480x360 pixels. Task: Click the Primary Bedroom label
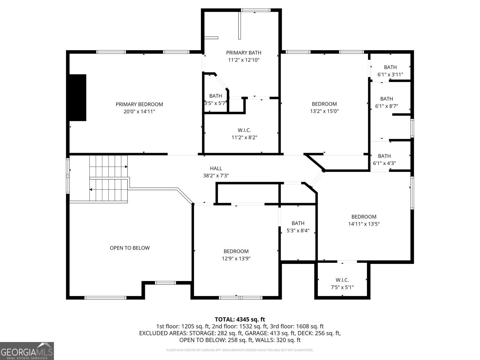[x=139, y=104]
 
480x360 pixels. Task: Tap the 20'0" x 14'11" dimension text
[x=139, y=112]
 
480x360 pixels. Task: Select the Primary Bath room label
[x=244, y=53]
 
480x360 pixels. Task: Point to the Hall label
[x=216, y=168]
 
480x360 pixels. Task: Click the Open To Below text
[x=130, y=248]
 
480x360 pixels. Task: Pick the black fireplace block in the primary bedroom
[x=78, y=97]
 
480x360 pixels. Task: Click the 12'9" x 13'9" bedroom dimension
[x=236, y=258]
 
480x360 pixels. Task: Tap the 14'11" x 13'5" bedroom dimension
[x=364, y=224]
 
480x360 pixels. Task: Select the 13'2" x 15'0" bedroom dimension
[x=324, y=111]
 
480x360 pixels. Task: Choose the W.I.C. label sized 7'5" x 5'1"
[x=342, y=280]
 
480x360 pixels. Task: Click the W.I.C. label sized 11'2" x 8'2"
[x=244, y=130]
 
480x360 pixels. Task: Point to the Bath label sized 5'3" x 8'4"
[x=298, y=223]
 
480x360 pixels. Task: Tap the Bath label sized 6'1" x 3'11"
[x=390, y=67]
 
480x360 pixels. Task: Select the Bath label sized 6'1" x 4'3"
[x=384, y=156]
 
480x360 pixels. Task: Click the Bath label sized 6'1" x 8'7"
[x=387, y=99]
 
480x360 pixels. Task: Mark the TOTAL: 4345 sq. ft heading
[x=240, y=319]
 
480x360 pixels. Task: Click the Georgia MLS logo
[x=27, y=351]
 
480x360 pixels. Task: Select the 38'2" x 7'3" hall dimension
[x=216, y=175]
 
